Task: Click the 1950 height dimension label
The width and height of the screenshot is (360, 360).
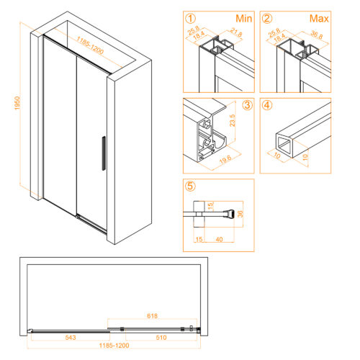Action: tap(17, 103)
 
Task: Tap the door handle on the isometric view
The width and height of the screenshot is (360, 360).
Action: tap(104, 153)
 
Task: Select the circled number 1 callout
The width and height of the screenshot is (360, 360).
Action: tap(191, 19)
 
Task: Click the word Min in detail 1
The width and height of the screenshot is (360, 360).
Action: tap(244, 19)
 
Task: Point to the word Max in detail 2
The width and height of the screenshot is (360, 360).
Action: tap(319, 19)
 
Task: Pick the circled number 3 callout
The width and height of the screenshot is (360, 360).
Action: tap(247, 105)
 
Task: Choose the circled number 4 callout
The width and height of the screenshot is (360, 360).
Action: tap(267, 105)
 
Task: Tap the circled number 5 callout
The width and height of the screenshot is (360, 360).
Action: tap(191, 186)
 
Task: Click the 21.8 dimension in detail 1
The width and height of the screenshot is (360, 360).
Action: tap(236, 32)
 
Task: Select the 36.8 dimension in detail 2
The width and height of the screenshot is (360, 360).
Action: tap(317, 35)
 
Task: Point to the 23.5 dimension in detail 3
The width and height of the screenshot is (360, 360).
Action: tap(233, 120)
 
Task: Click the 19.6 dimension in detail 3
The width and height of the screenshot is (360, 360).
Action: tap(225, 160)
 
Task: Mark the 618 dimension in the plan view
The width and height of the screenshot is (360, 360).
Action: tap(153, 315)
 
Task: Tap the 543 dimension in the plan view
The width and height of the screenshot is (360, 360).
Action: tap(71, 338)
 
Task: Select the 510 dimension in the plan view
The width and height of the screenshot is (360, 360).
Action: tap(161, 338)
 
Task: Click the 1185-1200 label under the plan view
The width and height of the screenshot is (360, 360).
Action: tap(114, 346)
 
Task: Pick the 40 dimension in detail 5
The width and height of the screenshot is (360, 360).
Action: tap(219, 239)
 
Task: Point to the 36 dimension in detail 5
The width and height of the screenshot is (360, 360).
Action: tap(240, 214)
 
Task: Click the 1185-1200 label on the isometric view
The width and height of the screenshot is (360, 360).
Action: tap(90, 45)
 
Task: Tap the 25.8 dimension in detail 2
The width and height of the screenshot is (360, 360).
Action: tap(274, 33)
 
